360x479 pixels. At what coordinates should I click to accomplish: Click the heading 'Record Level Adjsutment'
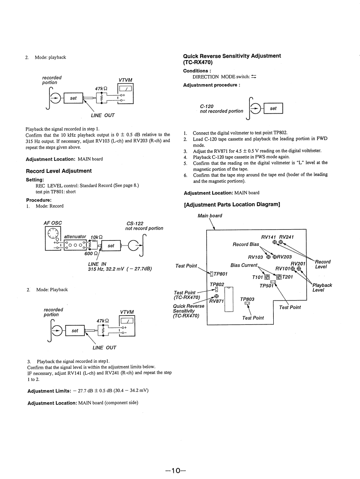(59, 171)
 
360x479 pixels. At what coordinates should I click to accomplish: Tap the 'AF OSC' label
(53, 223)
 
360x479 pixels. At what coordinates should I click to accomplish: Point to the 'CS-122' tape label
(135, 223)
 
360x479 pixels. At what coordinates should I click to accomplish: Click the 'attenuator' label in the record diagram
(75, 237)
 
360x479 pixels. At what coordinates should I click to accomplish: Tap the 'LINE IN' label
(97, 264)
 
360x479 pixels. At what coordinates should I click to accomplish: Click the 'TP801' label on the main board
(220, 274)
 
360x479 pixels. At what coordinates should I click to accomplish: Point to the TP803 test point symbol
(247, 304)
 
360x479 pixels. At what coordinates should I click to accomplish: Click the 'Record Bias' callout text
(246, 245)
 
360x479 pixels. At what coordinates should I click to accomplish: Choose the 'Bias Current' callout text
(244, 265)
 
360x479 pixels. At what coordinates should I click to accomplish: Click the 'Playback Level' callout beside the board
(322, 288)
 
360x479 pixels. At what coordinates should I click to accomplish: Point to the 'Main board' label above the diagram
(210, 216)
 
